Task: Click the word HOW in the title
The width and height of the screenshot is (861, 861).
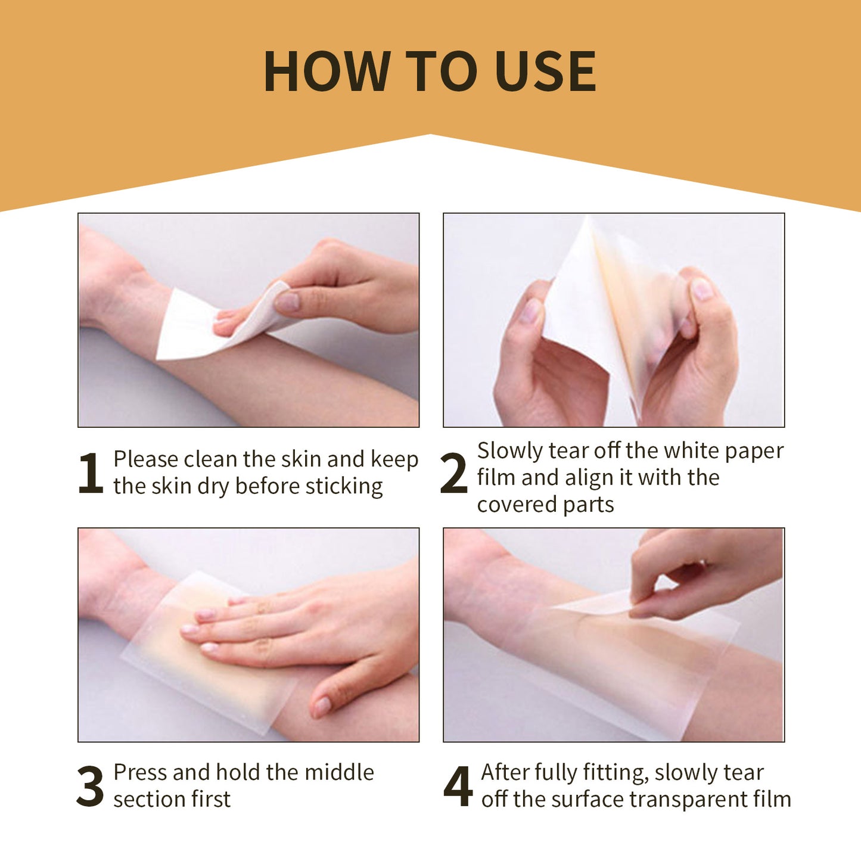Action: tap(326, 72)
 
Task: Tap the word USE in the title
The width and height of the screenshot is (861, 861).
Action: tap(545, 72)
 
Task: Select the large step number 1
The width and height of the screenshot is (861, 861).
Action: tap(91, 473)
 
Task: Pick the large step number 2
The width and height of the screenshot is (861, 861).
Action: tap(453, 473)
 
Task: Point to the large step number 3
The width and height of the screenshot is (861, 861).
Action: tap(91, 786)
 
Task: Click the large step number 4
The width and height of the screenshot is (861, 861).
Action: tap(458, 786)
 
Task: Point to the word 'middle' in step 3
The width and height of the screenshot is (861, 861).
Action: tap(339, 772)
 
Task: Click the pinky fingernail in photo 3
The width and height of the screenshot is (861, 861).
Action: tap(322, 706)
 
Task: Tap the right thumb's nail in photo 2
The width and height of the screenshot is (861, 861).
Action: tap(702, 290)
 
